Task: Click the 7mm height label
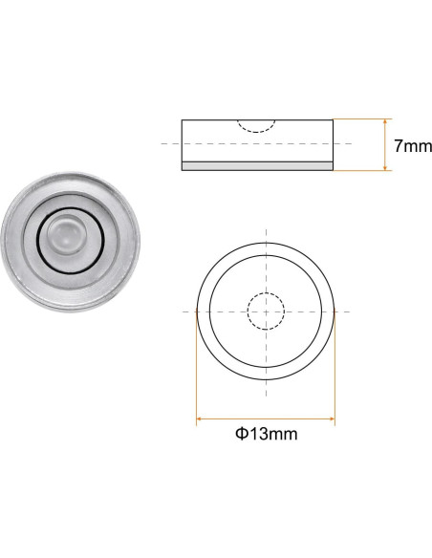(x=413, y=146)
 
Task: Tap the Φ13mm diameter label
(x=266, y=433)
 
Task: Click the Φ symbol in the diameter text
(x=241, y=433)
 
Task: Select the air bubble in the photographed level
(x=63, y=234)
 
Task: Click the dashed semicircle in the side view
(x=256, y=126)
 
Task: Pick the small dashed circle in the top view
(x=265, y=311)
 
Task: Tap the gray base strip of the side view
(x=257, y=166)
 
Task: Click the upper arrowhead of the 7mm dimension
(x=385, y=122)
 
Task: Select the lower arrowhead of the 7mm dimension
(x=385, y=168)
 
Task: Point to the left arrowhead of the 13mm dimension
(x=201, y=418)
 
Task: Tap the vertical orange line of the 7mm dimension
(x=385, y=145)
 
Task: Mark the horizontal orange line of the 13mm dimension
(x=266, y=418)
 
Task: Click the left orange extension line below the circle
(x=196, y=373)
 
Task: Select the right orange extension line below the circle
(x=335, y=373)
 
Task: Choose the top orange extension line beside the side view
(x=361, y=119)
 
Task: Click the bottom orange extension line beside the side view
(x=361, y=171)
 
